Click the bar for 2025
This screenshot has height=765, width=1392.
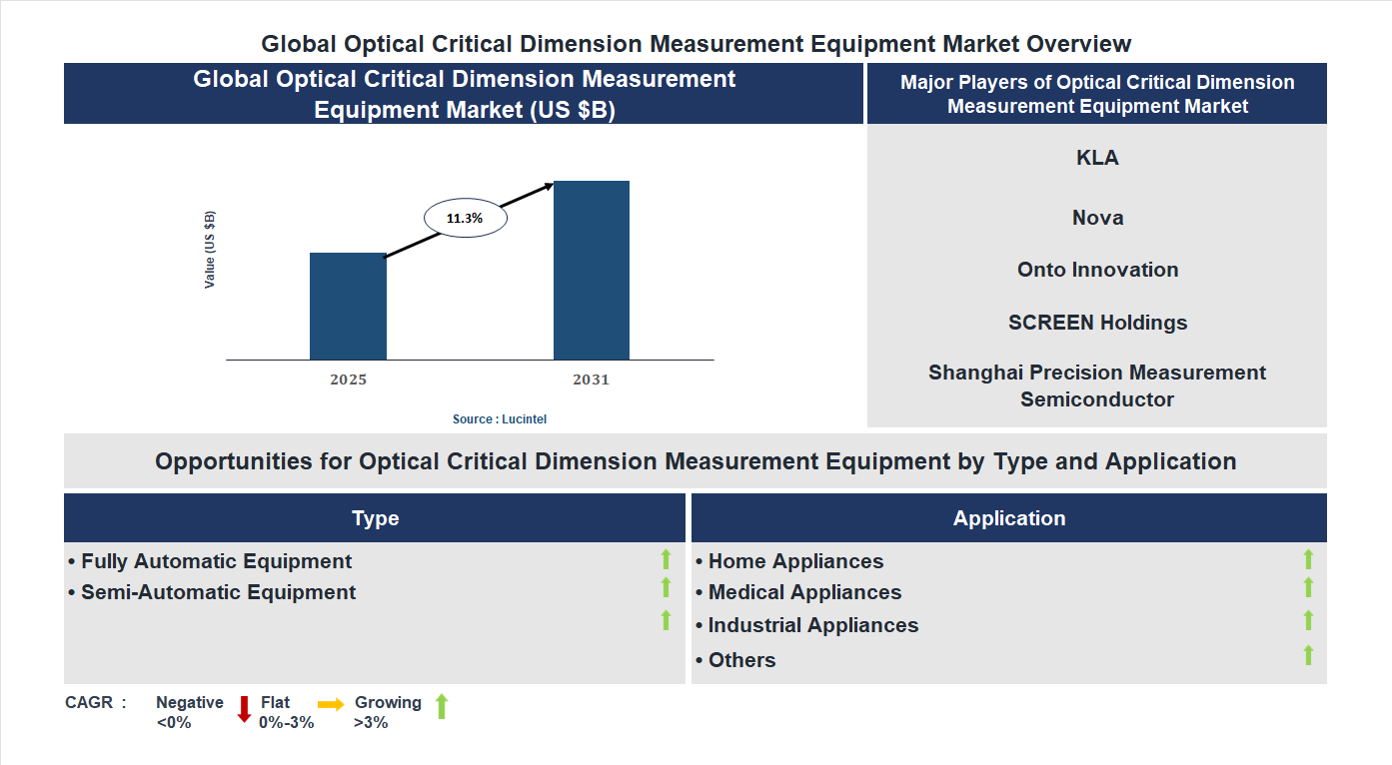348,307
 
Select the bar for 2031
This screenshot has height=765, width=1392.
592,270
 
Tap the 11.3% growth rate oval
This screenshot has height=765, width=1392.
465,218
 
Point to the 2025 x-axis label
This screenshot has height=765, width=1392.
348,381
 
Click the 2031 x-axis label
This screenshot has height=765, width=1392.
591,381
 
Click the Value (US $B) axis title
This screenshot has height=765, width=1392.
210,250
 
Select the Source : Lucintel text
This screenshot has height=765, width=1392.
500,419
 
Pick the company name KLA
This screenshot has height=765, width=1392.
1097,158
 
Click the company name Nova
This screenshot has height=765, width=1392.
1097,218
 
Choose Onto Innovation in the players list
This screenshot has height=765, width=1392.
1097,270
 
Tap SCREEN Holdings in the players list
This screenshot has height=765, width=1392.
1097,323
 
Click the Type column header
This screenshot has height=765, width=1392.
375,518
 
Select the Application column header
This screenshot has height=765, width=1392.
1008,518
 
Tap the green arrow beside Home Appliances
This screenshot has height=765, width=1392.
1308,559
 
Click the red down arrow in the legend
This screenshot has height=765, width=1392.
244,709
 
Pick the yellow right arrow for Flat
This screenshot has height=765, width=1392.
331,704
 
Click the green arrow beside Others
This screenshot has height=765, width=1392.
1308,655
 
